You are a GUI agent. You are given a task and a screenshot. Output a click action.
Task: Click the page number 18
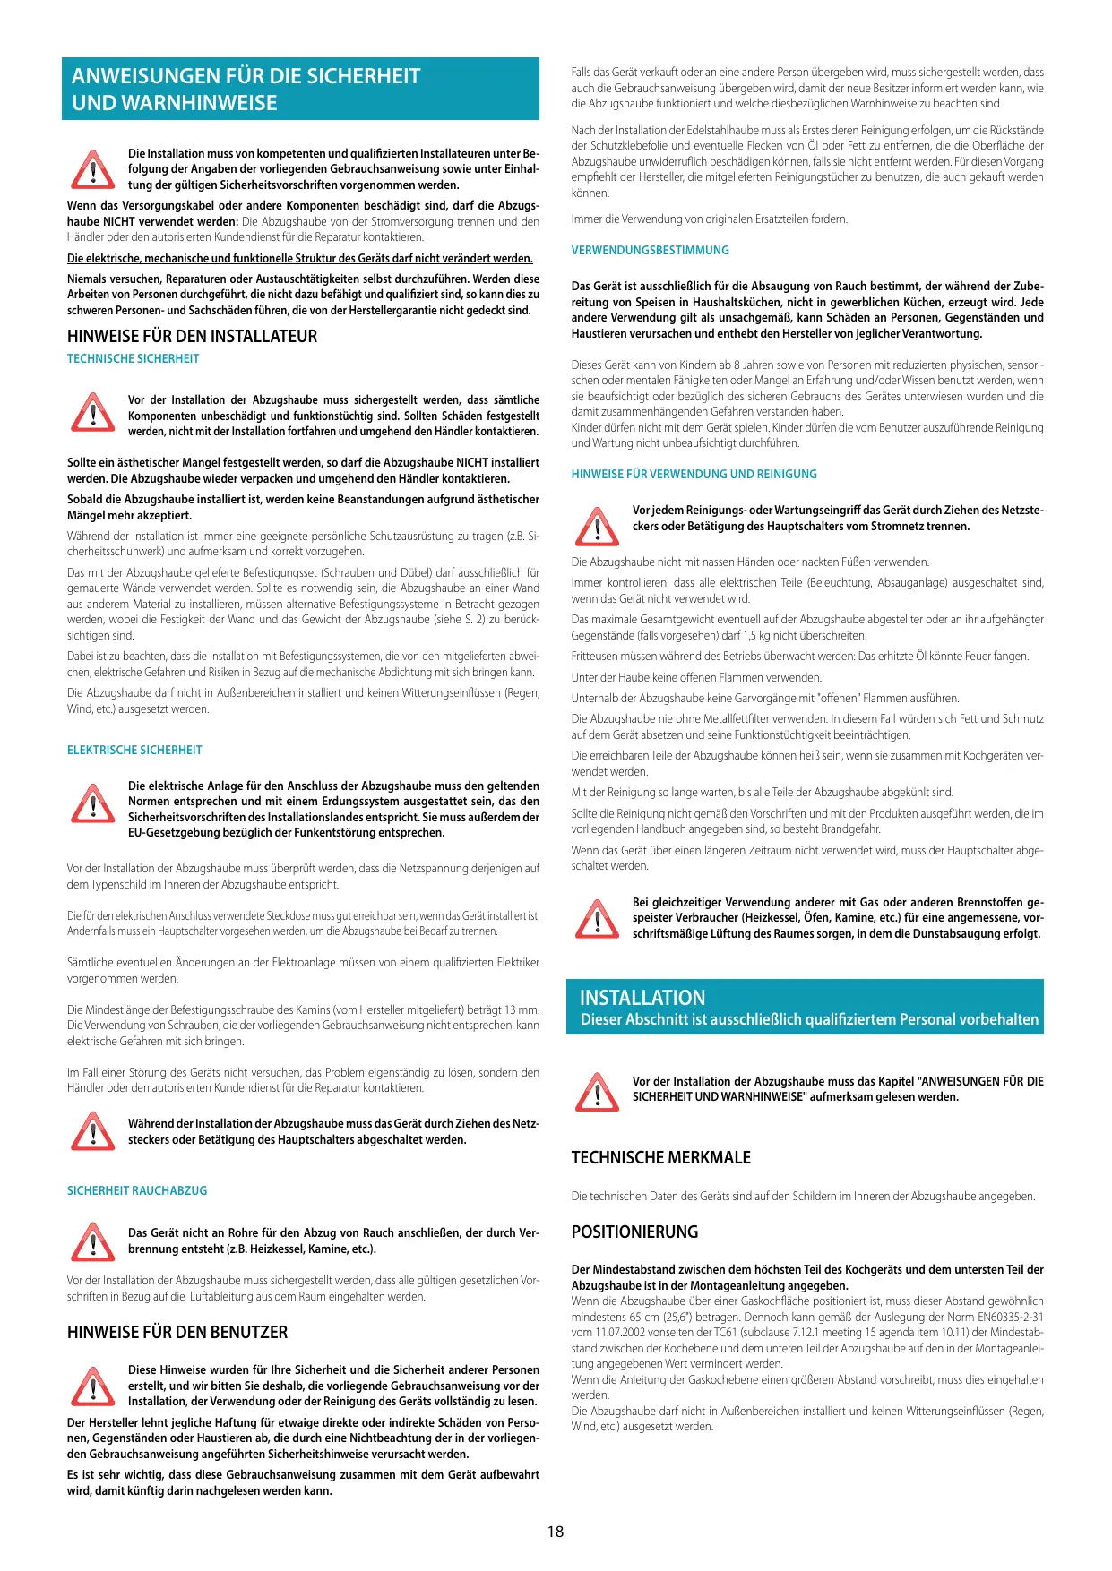coord(556,1531)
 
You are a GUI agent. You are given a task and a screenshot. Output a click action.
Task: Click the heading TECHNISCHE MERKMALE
coord(660,1157)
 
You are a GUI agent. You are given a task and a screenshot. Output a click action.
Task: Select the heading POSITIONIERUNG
coord(634,1232)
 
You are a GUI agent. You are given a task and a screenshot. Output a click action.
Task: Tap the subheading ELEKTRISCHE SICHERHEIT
coord(134,750)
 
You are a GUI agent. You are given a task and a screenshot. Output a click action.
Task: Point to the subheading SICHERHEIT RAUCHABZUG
coord(137,1190)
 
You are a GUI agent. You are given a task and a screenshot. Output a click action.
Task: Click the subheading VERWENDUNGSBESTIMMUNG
coord(650,250)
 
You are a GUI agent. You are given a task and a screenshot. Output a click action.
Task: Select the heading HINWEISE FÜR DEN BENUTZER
coord(177,1332)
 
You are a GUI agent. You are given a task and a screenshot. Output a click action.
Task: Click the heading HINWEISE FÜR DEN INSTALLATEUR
coord(192,336)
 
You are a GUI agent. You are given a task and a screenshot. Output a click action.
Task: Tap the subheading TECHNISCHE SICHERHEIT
coord(133,358)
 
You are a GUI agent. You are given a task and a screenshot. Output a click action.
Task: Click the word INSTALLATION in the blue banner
coord(642,998)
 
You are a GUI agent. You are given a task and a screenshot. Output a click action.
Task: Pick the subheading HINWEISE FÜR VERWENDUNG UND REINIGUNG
coord(694,474)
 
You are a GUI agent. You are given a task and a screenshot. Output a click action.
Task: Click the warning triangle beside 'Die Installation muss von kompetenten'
coord(92,169)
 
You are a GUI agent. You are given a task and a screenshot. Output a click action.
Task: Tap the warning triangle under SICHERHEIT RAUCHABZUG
coord(92,1241)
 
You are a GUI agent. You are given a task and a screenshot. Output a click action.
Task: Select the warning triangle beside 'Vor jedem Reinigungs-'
coord(597,526)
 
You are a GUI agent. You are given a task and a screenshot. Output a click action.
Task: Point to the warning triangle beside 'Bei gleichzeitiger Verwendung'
coord(597,918)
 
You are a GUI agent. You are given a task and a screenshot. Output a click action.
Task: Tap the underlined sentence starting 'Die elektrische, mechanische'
coord(299,258)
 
